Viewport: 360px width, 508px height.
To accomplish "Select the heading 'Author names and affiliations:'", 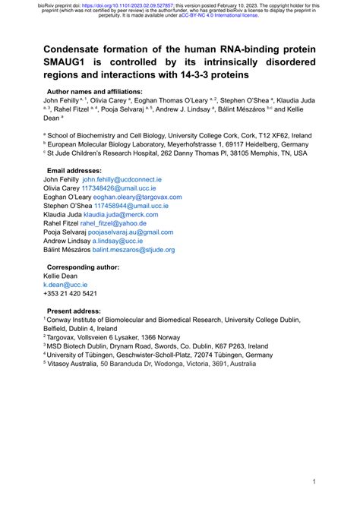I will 94,91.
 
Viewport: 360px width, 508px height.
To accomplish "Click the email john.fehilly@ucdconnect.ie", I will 122,180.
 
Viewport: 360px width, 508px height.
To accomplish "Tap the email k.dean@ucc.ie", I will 66,284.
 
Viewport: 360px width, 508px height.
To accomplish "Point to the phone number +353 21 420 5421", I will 70,293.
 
